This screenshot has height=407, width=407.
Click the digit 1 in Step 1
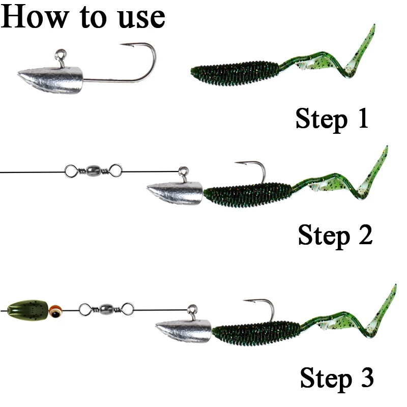click(x=363, y=118)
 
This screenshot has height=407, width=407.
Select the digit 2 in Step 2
click(x=366, y=235)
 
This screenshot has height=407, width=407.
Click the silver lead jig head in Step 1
click(x=50, y=80)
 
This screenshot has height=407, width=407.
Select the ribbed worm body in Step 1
click(x=235, y=73)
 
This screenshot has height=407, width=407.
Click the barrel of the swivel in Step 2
click(x=93, y=171)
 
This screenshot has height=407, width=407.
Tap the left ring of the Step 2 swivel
click(x=71, y=171)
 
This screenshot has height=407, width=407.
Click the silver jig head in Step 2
click(x=175, y=193)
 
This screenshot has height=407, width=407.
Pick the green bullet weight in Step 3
click(x=28, y=310)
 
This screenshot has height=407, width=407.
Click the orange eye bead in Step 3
click(x=55, y=311)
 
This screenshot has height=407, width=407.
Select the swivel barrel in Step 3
click(x=106, y=309)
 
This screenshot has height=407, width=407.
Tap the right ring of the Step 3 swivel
click(x=128, y=309)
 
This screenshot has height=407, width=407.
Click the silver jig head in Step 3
click(x=184, y=332)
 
